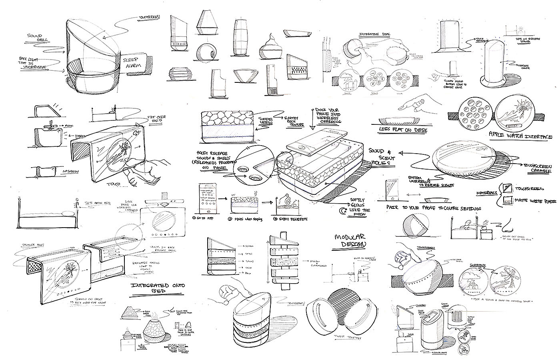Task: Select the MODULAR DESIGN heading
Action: click(351, 240)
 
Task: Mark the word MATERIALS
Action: click(486, 192)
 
